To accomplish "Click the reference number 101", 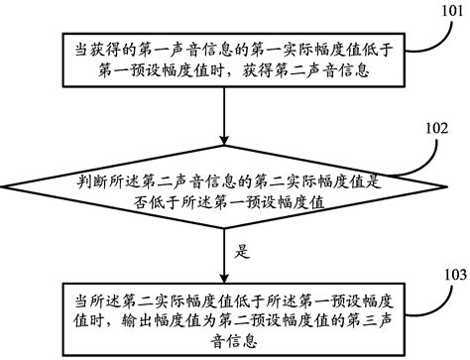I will coord(450,11).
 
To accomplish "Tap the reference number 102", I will coord(436,128).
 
